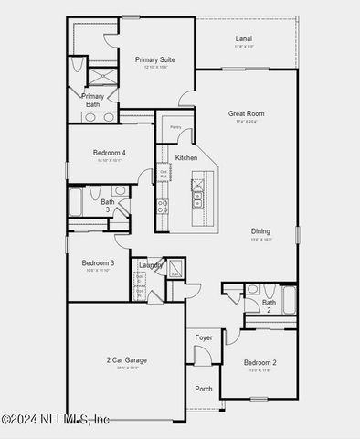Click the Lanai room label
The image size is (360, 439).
(244, 38)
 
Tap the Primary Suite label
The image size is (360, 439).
(154, 59)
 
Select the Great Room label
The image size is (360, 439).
(246, 113)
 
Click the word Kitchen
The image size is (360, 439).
(186, 157)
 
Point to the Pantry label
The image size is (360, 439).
(175, 127)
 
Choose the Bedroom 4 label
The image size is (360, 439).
(110, 152)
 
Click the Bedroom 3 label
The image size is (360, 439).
(98, 262)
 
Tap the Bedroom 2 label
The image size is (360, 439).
(259, 363)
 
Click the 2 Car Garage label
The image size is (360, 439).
(125, 360)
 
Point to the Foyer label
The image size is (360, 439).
(204, 337)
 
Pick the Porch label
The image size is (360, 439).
(204, 389)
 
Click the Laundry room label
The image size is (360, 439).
(151, 265)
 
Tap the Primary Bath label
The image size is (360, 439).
(93, 100)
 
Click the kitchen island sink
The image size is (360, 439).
(197, 195)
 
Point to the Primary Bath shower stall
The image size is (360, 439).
(102, 74)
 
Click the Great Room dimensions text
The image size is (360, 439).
(246, 122)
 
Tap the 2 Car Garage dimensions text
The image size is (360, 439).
(125, 369)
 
